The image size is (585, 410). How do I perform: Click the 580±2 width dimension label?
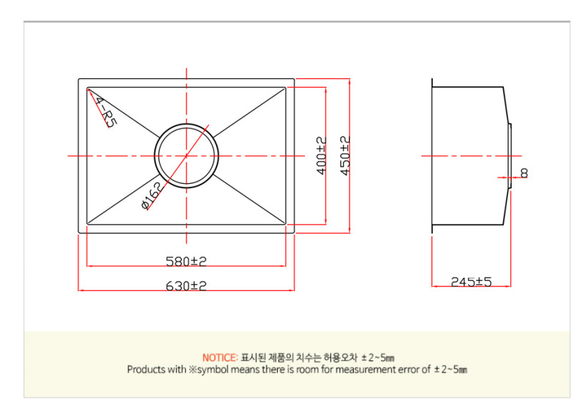pyautogui.click(x=185, y=260)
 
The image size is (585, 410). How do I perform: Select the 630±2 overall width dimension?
pyautogui.click(x=185, y=285)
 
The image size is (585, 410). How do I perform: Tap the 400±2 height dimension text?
pyautogui.click(x=322, y=156)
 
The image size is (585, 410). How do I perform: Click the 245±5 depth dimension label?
pyautogui.click(x=471, y=282)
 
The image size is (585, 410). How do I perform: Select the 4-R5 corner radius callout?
pyautogui.click(x=105, y=111)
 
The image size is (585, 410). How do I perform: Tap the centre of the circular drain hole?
pyautogui.click(x=187, y=155)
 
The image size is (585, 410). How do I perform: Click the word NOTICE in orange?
pyautogui.click(x=220, y=357)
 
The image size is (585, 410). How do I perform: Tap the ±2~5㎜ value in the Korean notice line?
pyautogui.click(x=378, y=357)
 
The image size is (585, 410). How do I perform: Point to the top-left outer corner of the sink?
pyautogui.click(x=78, y=79)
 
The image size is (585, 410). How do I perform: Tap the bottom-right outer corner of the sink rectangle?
pyautogui.click(x=294, y=233)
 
